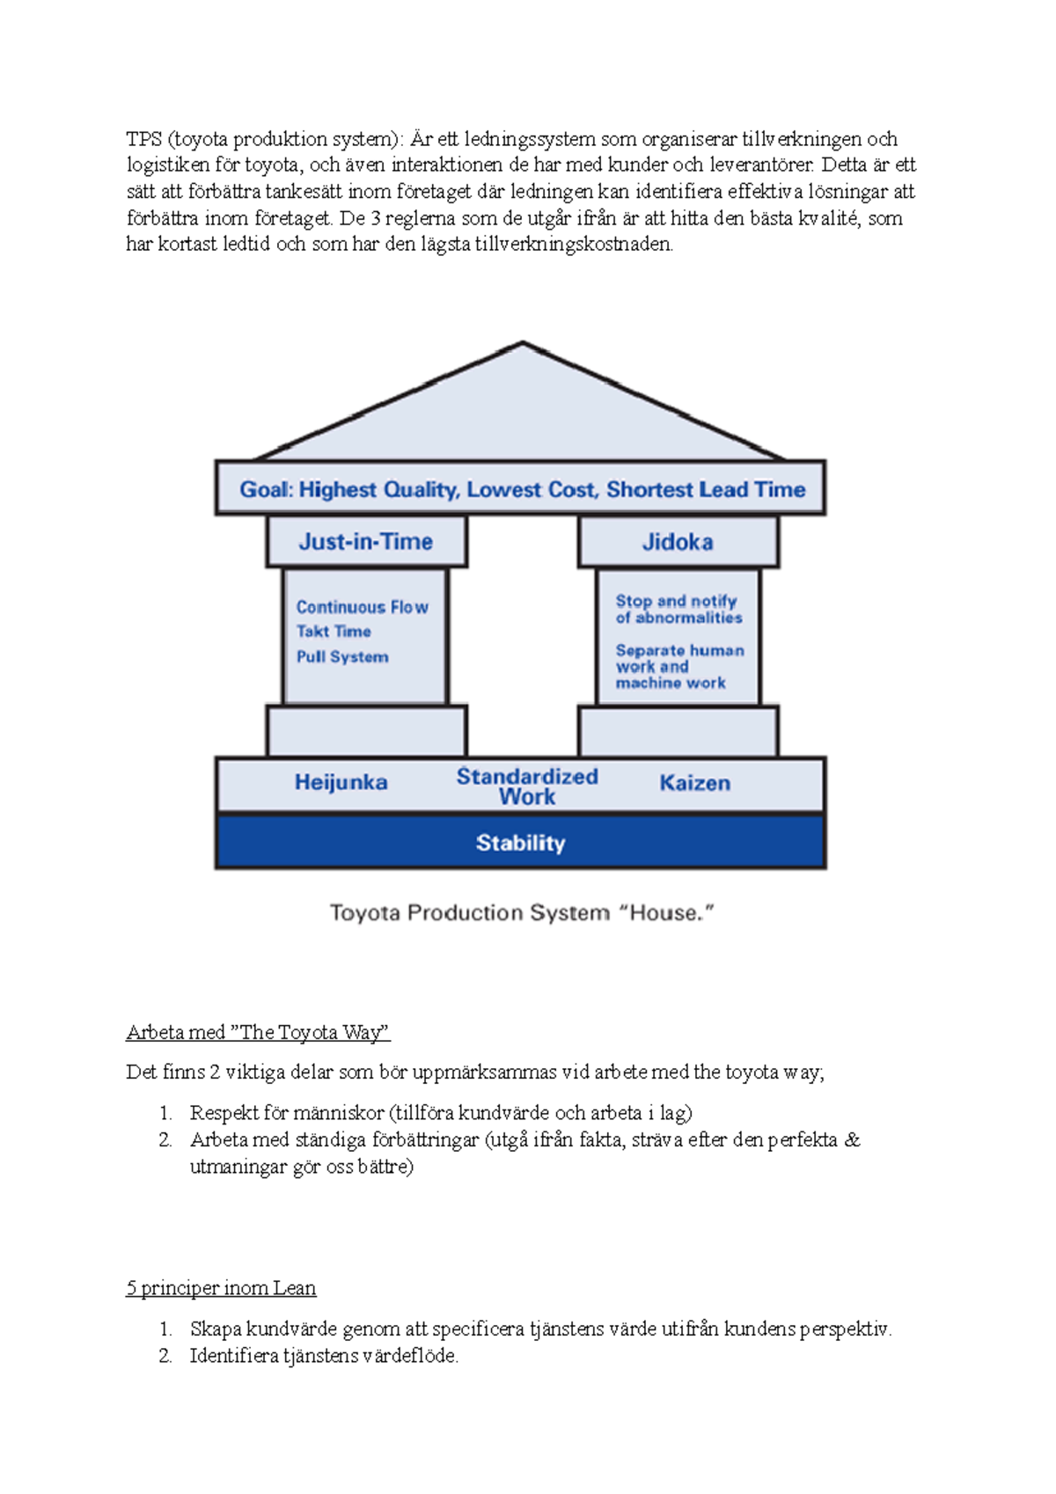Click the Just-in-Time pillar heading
coord(365,541)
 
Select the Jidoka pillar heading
coord(677,542)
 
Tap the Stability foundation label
coord(520,843)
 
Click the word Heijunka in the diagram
coord(341,782)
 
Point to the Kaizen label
coord(694,783)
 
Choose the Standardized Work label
coord(526,787)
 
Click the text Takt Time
coord(334,632)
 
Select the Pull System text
coord(342,657)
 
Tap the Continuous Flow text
coord(362,607)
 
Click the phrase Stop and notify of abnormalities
coord(678,610)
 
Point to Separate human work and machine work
coord(678,666)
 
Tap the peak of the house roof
coord(523,345)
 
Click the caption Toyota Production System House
coord(521,913)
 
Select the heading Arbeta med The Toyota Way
coord(258,1032)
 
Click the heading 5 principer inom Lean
coord(221,1288)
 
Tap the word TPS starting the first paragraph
coord(143,139)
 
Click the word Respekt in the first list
coord(223,1113)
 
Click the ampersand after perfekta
coord(852,1140)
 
